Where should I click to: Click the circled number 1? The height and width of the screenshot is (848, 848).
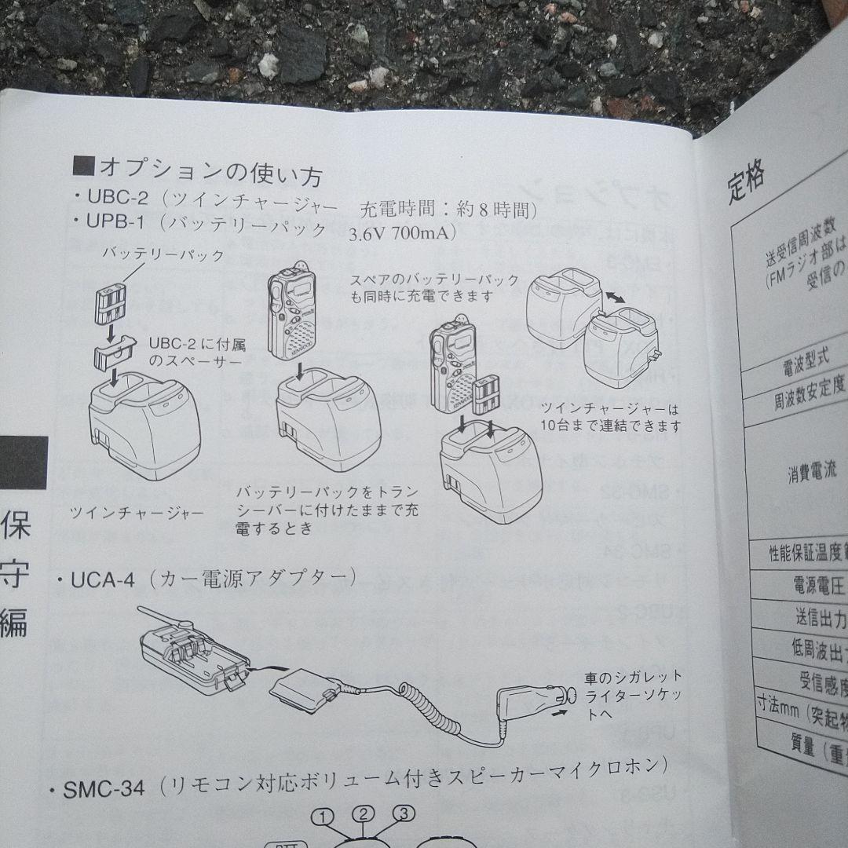(323, 817)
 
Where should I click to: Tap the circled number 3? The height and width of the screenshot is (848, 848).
(403, 813)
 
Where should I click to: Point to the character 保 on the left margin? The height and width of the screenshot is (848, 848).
(15, 528)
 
